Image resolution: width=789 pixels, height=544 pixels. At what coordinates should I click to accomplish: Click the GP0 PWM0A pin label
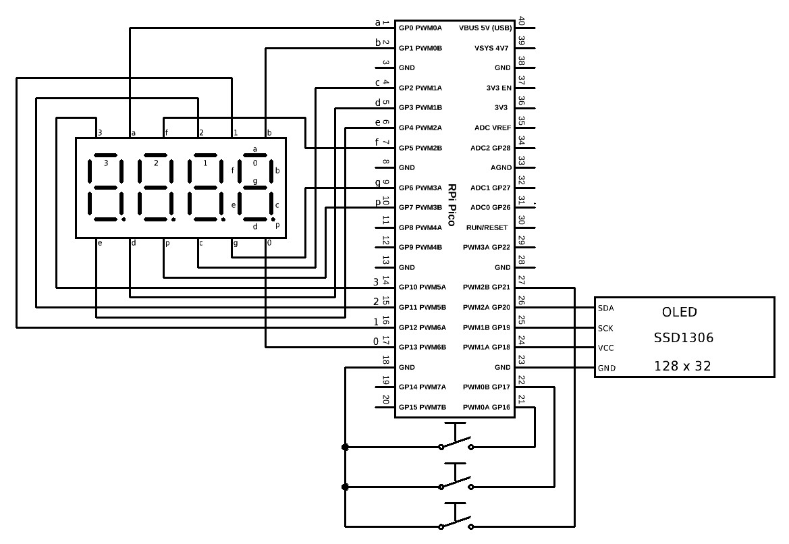pyautogui.click(x=420, y=28)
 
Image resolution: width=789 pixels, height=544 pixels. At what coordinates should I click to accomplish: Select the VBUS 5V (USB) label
pyautogui.click(x=485, y=28)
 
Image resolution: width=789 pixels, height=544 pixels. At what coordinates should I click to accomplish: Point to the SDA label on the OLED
pyautogui.click(x=605, y=308)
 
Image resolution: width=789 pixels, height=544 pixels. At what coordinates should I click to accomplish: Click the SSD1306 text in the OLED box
pyautogui.click(x=683, y=337)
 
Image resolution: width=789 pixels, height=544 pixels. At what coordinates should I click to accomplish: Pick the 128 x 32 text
pyautogui.click(x=682, y=366)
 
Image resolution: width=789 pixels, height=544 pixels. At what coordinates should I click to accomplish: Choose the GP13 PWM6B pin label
pyautogui.click(x=420, y=348)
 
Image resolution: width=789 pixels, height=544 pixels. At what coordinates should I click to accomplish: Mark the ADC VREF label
pyautogui.click(x=493, y=128)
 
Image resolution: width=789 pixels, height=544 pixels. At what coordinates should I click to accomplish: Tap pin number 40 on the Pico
pyautogui.click(x=521, y=22)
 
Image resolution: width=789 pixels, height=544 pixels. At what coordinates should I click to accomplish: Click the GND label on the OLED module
pyautogui.click(x=606, y=369)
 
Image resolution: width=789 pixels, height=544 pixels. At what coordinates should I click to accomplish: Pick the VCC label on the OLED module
pyautogui.click(x=605, y=348)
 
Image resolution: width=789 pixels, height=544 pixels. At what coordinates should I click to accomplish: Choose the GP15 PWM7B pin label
pyautogui.click(x=420, y=408)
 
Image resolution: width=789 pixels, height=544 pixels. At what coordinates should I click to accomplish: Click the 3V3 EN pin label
pyautogui.click(x=498, y=88)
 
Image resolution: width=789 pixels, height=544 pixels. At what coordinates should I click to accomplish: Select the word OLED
pyautogui.click(x=680, y=312)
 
